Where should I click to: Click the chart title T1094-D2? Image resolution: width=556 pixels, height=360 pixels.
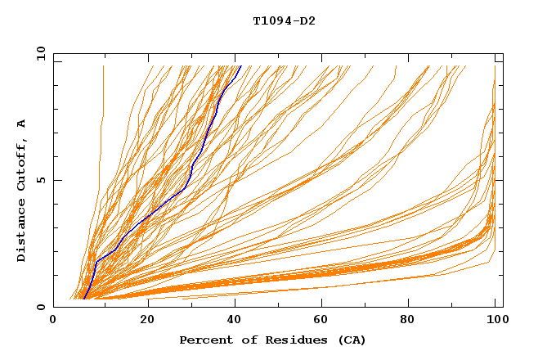pos(284,21)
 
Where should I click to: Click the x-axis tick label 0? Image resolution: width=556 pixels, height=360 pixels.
pos(53,322)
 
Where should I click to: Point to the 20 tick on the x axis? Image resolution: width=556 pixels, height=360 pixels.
pos(147,322)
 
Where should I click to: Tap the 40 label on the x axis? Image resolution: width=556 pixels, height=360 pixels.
pos(235,322)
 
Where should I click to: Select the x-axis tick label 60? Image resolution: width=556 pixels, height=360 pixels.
pos(324,322)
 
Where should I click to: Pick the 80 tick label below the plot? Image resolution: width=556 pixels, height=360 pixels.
pos(412,322)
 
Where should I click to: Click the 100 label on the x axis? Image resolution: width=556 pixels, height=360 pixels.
pos(495,322)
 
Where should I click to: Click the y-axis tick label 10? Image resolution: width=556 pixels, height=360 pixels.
pos(40,53)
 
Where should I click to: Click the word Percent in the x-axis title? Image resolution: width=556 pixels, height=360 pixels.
pos(203,340)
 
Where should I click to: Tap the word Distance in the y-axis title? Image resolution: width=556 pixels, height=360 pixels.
pos(22,232)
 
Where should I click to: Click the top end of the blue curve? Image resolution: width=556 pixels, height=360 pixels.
pos(240,66)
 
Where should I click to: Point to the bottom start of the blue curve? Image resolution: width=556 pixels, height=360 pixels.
pos(83,299)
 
